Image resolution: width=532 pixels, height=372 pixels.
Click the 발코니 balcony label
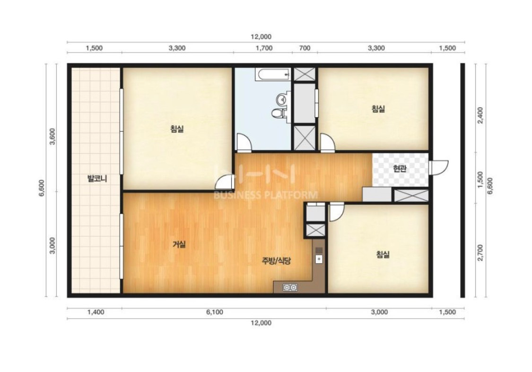click(97, 179)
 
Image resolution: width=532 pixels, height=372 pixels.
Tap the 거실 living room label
click(179, 244)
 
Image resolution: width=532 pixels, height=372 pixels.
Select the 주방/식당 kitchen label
click(277, 261)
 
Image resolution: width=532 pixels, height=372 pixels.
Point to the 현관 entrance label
click(400, 168)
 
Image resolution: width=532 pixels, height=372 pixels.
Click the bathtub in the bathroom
click(273, 74)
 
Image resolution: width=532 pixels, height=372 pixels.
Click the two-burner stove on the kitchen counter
click(290, 287)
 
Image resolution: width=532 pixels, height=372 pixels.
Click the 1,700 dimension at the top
click(264, 48)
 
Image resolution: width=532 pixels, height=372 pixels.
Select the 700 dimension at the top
click(305, 48)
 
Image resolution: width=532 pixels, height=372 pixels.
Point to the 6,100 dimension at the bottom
click(215, 312)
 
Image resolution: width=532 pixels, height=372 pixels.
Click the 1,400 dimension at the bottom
click(96, 312)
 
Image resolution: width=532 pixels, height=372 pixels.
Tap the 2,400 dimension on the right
click(480, 115)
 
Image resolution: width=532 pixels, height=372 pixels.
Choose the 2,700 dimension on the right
click(480, 253)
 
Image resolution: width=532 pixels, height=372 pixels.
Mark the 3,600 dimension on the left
click(53, 136)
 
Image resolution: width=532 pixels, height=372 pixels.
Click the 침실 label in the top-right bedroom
click(378, 109)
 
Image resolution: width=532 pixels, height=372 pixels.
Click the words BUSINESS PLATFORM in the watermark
click(265, 195)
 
